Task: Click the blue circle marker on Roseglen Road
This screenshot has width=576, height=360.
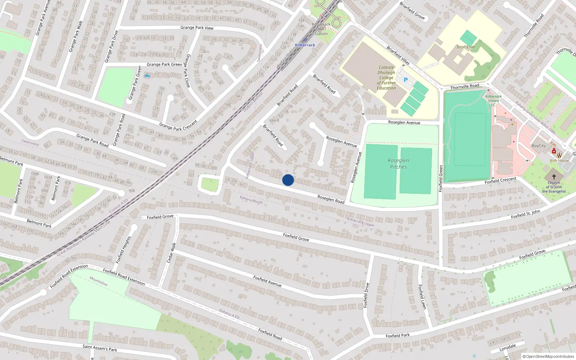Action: [288, 180]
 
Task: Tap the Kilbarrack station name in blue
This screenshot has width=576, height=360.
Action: [305, 45]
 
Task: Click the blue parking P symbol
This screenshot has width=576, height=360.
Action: [406, 80]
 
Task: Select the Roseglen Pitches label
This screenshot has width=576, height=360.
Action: [398, 163]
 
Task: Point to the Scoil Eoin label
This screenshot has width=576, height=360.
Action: [465, 47]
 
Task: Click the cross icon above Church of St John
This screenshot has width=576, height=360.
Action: [554, 176]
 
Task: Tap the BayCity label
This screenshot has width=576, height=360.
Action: [539, 146]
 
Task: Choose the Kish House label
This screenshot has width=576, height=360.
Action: [559, 161]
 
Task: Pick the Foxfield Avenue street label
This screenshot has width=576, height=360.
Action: [267, 281]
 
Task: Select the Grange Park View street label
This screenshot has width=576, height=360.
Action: [197, 28]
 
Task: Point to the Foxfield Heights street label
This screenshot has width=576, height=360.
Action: [123, 249]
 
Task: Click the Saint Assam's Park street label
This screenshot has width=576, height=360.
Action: [100, 348]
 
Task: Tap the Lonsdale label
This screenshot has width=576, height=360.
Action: [508, 348]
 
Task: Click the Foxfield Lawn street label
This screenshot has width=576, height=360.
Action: [422, 297]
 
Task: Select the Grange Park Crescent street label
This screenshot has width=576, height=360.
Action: [178, 126]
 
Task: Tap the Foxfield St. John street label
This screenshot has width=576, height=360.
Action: [525, 214]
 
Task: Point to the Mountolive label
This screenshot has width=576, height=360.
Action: [98, 281]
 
